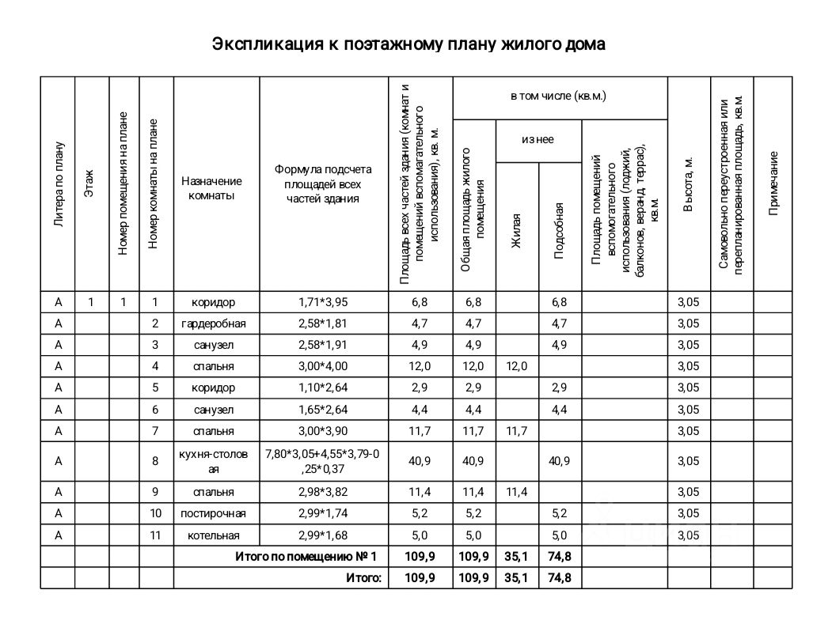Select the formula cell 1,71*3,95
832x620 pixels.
(323, 302)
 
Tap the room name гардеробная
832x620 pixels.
(214, 323)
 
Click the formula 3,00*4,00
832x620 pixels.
(323, 366)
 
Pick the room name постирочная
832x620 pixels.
(214, 514)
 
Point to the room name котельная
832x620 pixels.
(214, 535)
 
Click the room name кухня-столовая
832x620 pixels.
(214, 462)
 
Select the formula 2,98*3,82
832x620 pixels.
(323, 492)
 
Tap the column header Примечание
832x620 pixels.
(773, 183)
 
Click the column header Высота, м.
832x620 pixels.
(689, 183)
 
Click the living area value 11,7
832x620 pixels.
(516, 431)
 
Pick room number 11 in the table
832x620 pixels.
(156, 535)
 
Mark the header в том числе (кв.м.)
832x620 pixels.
(559, 96)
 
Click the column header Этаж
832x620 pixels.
(90, 183)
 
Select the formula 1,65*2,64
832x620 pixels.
(323, 409)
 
